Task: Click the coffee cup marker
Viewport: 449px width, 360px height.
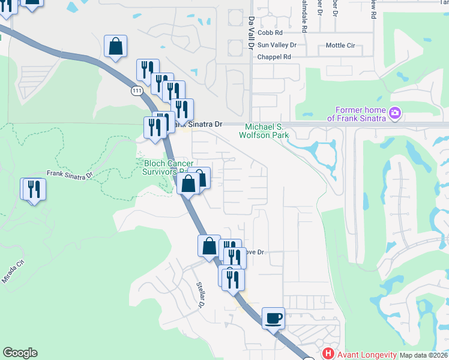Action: (274, 317)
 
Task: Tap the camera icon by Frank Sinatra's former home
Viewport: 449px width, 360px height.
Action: (394, 112)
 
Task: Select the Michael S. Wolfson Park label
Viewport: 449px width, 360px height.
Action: (267, 131)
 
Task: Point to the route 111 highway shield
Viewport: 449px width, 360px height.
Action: (136, 90)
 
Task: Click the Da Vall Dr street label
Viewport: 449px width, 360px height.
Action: (252, 29)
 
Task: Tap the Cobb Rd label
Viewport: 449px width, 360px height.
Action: (270, 33)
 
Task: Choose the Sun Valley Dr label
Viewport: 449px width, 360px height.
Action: (277, 45)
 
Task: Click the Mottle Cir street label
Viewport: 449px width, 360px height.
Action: (340, 45)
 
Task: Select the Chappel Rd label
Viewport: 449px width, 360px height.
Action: (274, 57)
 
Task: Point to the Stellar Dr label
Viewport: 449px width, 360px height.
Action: (201, 294)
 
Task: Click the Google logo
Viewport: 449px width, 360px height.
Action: (20, 353)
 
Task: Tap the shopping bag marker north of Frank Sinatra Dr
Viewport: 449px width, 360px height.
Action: (115, 46)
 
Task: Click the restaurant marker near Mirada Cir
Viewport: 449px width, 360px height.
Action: (34, 189)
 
